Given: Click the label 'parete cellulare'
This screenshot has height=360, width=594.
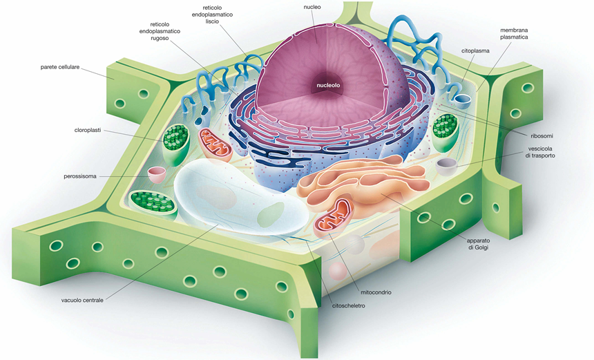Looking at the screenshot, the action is pyautogui.click(x=60, y=67).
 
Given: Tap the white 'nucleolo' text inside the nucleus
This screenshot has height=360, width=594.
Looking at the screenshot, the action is pyautogui.click(x=328, y=85).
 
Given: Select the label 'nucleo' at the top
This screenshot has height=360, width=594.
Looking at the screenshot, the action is pyautogui.click(x=312, y=7).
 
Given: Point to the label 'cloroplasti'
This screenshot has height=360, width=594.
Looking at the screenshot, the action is pyautogui.click(x=88, y=130).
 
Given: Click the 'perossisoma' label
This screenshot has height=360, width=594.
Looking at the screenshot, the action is pyautogui.click(x=80, y=176).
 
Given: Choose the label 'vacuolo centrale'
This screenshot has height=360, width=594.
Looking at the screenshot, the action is pyautogui.click(x=82, y=300).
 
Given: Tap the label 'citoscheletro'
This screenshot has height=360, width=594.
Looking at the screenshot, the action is pyautogui.click(x=349, y=306).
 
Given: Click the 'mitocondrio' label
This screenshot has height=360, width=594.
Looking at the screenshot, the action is pyautogui.click(x=376, y=292).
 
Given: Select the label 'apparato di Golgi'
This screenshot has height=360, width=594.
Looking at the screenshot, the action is pyautogui.click(x=478, y=244).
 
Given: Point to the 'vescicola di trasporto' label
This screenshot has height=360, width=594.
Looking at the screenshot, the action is pyautogui.click(x=540, y=152).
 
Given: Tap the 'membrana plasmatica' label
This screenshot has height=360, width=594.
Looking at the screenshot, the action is pyautogui.click(x=514, y=33).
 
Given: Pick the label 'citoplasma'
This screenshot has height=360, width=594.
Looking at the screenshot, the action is pyautogui.click(x=475, y=50).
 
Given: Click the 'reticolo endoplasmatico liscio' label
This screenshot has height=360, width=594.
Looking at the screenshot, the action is pyautogui.click(x=212, y=15).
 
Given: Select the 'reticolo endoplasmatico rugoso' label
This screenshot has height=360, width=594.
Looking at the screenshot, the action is pyautogui.click(x=160, y=31).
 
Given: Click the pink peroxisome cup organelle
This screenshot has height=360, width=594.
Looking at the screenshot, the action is pyautogui.click(x=157, y=175).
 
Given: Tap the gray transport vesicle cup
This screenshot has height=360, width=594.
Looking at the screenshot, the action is pyautogui.click(x=447, y=167).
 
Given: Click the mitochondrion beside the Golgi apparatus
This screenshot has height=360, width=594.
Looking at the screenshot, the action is pyautogui.click(x=334, y=217).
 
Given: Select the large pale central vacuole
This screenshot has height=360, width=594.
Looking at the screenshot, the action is pyautogui.click(x=240, y=197).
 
